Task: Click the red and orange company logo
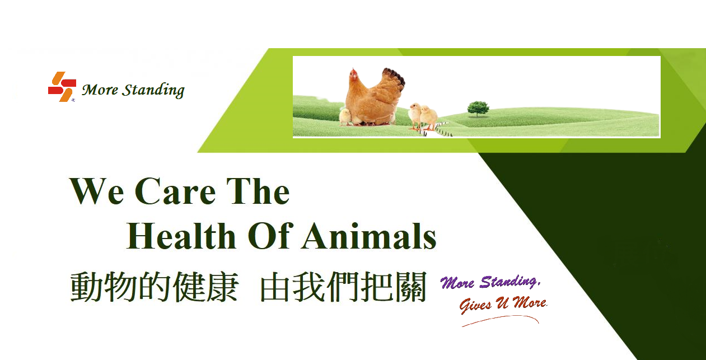click(x=62, y=87)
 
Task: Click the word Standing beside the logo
click(x=153, y=90)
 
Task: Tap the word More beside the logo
click(x=100, y=90)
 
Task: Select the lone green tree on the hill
click(x=478, y=109)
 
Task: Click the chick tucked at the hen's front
click(x=345, y=116)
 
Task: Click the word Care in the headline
click(x=175, y=191)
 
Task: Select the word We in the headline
click(x=97, y=191)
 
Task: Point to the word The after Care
click(x=258, y=191)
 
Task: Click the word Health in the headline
click(x=181, y=236)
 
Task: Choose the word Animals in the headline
click(x=370, y=236)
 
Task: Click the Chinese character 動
click(x=86, y=287)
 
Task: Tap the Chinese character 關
click(x=410, y=287)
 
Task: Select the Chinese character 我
click(x=309, y=287)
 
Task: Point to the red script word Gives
click(x=475, y=305)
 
